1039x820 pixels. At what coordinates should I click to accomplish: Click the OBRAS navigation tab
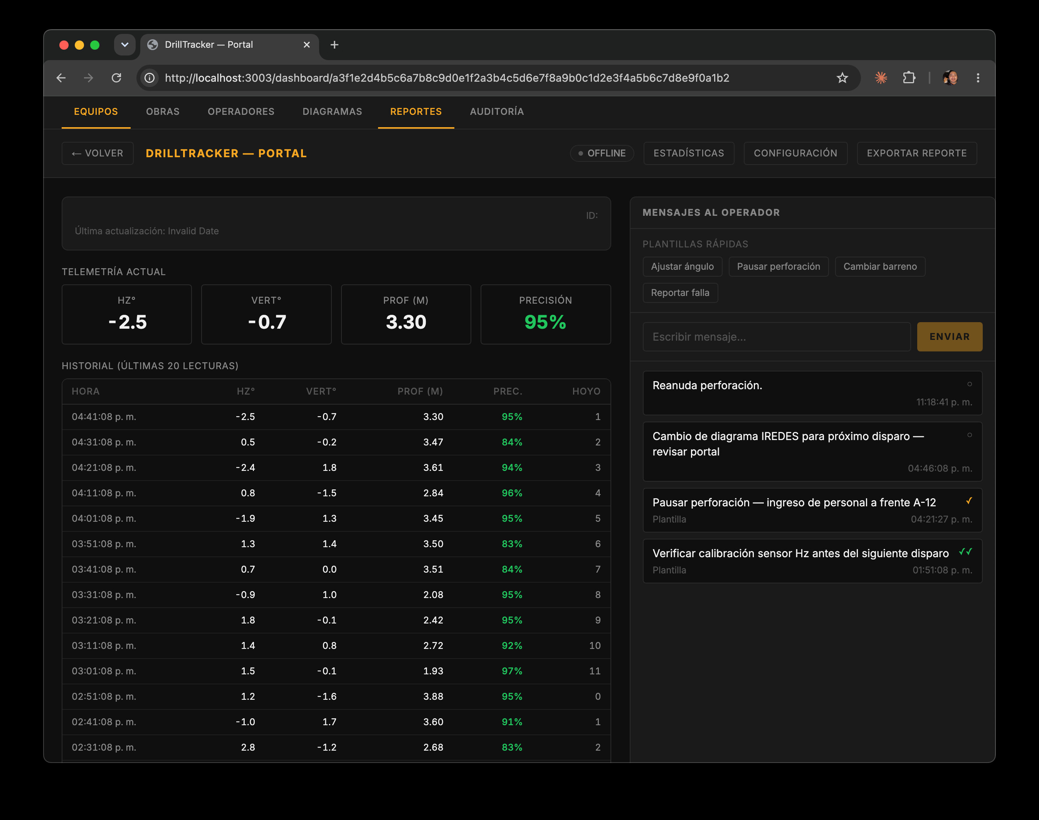(163, 111)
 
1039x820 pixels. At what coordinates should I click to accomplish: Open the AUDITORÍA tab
(496, 111)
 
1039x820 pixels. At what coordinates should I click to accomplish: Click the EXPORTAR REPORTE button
(916, 153)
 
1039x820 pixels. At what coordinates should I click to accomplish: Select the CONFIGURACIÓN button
(795, 153)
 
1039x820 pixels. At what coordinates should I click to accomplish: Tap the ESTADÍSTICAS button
(689, 153)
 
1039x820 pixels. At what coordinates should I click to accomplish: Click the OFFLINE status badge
(602, 153)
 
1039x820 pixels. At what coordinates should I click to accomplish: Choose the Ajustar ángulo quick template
(682, 266)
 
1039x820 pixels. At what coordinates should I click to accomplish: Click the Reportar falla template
(680, 293)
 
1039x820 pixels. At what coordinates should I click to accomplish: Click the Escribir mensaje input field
(777, 336)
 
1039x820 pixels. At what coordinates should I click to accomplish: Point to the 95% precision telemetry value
(545, 322)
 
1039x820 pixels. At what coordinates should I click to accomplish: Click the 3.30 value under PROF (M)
(406, 322)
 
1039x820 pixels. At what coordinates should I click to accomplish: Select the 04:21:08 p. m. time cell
(104, 468)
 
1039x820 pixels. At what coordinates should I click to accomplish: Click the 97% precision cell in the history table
(512, 671)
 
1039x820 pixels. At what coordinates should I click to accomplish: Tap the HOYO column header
(586, 391)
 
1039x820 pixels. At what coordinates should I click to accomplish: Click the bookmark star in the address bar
(842, 78)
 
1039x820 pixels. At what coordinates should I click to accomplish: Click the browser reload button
(116, 78)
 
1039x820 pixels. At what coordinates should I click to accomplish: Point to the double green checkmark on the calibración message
(965, 552)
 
